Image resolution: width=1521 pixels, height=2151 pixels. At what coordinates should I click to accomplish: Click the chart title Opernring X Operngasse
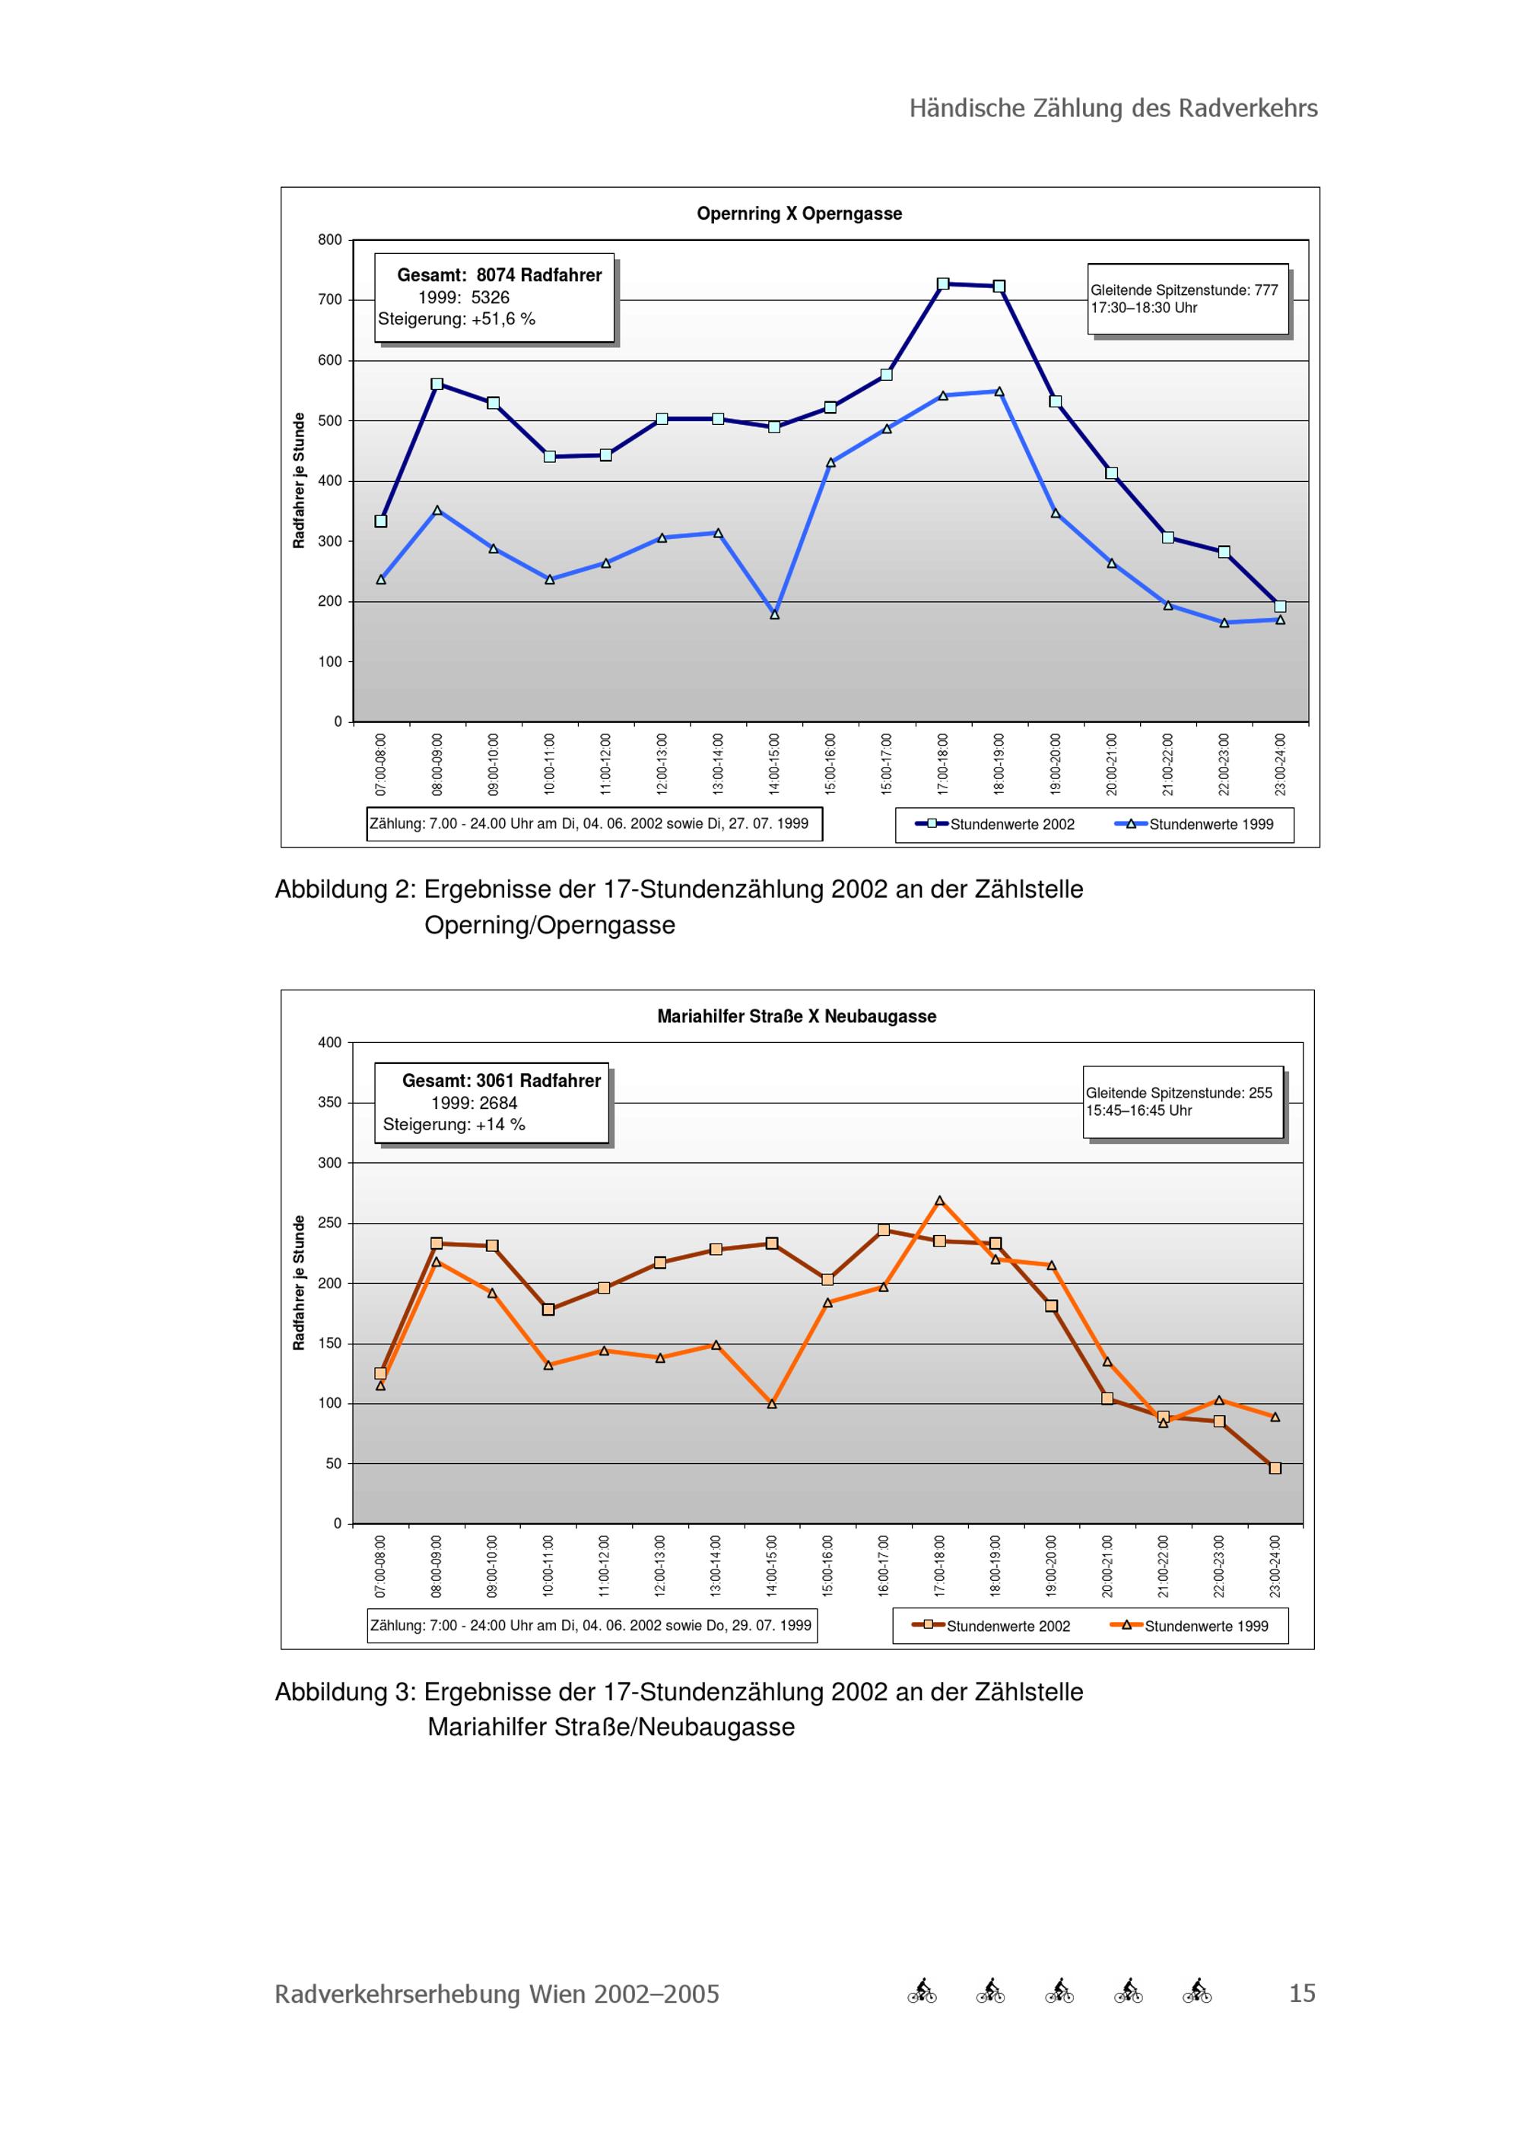pos(799,214)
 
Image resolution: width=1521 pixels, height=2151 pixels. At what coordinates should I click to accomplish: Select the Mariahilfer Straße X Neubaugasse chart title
pos(796,1016)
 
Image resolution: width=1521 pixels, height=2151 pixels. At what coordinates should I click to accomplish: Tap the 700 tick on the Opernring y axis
pos(330,299)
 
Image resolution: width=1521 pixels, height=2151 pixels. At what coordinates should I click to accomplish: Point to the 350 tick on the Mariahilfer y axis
pos(330,1103)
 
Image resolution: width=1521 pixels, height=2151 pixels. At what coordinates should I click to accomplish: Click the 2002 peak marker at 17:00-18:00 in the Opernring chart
pos(943,284)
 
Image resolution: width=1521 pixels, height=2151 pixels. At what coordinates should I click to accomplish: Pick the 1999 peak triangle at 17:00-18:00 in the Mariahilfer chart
pos(939,1201)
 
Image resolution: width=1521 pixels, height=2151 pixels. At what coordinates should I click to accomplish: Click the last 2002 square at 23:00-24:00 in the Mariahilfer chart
pos(1275,1468)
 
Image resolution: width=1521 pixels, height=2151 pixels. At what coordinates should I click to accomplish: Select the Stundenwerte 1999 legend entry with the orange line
pos(1189,1626)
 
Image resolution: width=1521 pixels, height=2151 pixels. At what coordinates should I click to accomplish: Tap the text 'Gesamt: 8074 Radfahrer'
pos(500,275)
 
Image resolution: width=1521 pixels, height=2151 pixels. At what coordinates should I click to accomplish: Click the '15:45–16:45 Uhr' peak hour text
pos(1138,1110)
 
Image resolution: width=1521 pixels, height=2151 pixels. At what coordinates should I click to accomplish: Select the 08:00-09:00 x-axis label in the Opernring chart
pos(437,765)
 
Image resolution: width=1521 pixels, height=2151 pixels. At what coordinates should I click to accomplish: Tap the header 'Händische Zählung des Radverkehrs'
pos(1113,109)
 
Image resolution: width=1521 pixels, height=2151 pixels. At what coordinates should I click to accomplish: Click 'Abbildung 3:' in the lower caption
pos(345,1692)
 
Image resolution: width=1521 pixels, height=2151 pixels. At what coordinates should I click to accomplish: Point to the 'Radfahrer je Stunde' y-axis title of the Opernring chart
pos(299,480)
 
